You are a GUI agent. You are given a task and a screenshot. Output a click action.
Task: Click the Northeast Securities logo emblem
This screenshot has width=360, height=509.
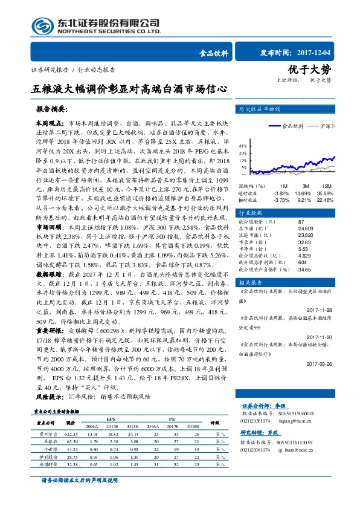[x=42, y=25]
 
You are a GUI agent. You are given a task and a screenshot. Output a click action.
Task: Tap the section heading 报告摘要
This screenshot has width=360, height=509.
[x=53, y=110]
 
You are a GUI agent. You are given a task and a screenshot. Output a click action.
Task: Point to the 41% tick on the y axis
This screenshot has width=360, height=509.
[x=242, y=146]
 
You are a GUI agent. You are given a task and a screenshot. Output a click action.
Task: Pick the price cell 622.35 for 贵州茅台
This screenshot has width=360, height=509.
[x=70, y=451]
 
